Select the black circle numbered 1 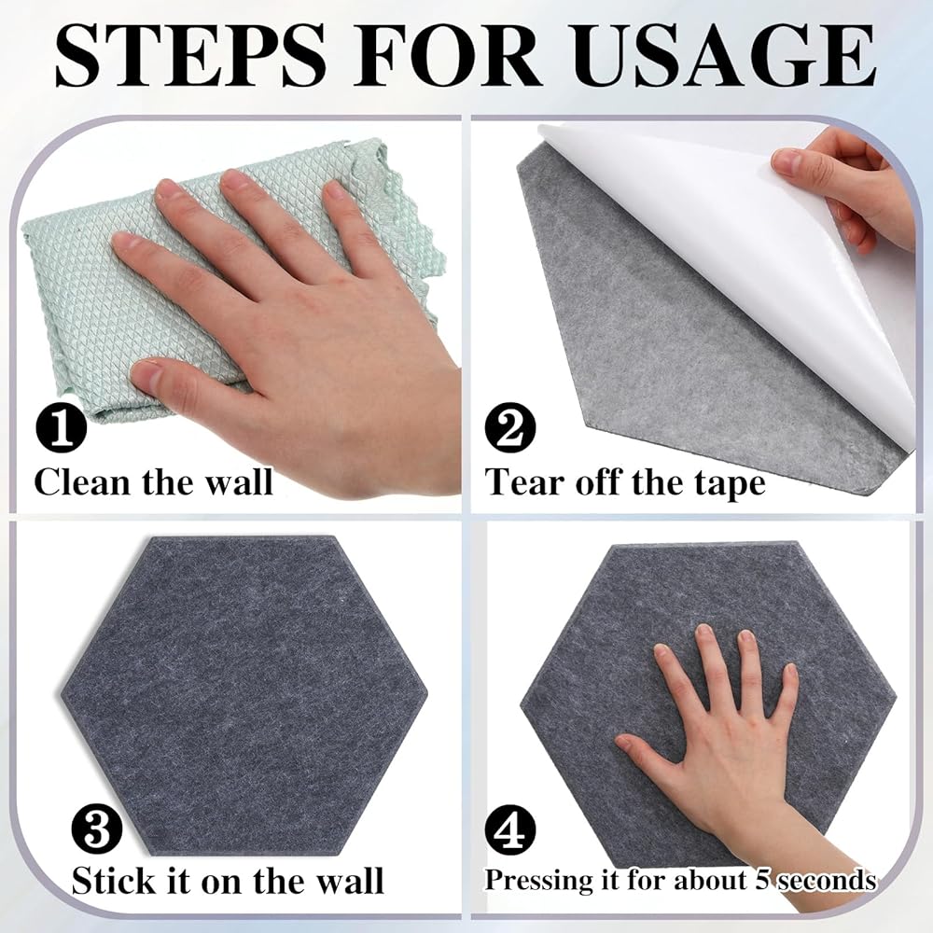click(x=62, y=428)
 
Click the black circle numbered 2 click(x=510, y=428)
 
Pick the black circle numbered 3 click(x=96, y=830)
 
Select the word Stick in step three click(x=114, y=881)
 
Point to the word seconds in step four click(x=826, y=880)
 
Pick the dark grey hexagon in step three click(x=244, y=695)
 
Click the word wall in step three click(x=350, y=881)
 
